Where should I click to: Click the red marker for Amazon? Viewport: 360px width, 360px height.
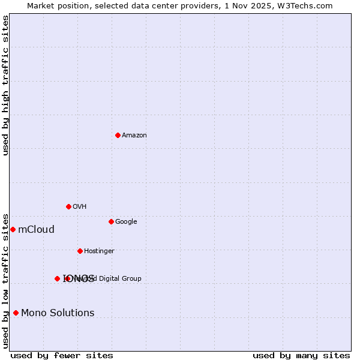click(118, 135)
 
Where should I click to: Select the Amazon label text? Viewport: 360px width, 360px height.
click(134, 136)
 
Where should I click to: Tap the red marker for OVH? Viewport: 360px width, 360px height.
click(68, 206)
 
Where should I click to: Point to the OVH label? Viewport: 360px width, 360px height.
click(80, 207)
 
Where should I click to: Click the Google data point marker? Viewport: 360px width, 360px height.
click(111, 221)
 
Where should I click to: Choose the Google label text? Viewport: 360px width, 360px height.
click(126, 222)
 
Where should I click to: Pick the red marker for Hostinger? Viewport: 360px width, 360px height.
click(80, 251)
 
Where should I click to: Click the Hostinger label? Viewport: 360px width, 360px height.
click(99, 251)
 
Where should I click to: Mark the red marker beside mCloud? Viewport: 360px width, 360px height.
click(13, 229)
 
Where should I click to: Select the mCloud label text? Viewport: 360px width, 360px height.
click(37, 230)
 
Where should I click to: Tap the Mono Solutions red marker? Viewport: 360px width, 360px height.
click(16, 313)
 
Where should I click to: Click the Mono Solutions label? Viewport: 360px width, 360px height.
click(58, 313)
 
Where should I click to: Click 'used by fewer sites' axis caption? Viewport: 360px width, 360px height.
click(62, 356)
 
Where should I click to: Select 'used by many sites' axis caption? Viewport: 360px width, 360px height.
click(301, 356)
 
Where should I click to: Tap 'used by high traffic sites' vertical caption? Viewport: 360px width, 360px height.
click(5, 85)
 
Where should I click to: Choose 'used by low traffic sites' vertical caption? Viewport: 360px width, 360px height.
click(5, 280)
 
